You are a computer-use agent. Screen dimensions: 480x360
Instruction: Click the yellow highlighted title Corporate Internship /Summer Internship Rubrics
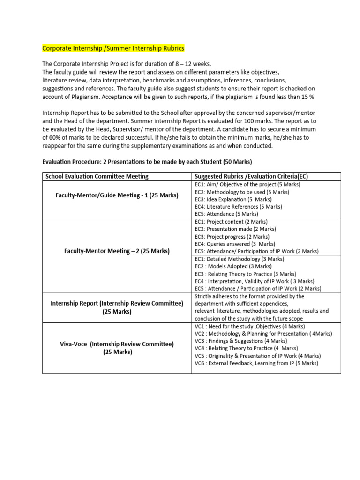[x=113, y=48]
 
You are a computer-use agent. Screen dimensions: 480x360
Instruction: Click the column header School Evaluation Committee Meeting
[x=97, y=176]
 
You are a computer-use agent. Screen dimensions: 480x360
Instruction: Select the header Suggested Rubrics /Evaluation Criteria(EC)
[x=251, y=176]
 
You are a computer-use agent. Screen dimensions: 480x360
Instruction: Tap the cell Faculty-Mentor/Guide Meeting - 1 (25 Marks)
[x=117, y=195]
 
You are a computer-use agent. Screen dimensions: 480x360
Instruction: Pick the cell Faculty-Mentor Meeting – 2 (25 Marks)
[x=117, y=251]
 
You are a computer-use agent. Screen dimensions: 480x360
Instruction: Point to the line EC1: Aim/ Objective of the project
[x=247, y=184]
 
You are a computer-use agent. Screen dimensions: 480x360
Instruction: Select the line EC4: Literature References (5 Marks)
[x=238, y=206]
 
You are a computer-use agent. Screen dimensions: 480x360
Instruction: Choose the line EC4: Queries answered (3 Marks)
[x=235, y=244]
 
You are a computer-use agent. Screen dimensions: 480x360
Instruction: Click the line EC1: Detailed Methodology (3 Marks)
[x=239, y=259]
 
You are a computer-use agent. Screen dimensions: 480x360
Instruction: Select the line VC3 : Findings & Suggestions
[x=240, y=341]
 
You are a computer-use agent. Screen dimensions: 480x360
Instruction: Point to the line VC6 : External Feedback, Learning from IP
[x=256, y=363]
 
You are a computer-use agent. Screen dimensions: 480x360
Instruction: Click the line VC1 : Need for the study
[x=247, y=326]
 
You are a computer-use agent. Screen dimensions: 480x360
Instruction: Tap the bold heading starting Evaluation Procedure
[x=147, y=162]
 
